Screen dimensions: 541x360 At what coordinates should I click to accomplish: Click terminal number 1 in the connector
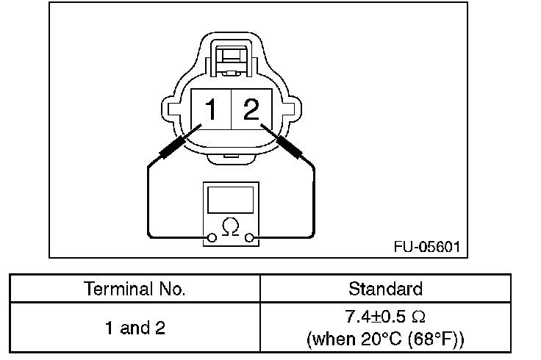[x=210, y=109]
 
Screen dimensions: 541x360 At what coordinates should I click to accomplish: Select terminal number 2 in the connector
[x=251, y=109]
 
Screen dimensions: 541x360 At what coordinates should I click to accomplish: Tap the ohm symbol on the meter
[x=231, y=226]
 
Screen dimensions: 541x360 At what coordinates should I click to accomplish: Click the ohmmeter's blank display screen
[x=231, y=200]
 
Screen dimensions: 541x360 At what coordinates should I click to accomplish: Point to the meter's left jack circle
[x=212, y=237]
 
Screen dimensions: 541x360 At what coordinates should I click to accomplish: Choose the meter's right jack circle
[x=249, y=237]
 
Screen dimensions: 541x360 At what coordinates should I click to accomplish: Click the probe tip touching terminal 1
[x=201, y=125]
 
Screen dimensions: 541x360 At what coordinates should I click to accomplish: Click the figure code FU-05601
[x=427, y=247]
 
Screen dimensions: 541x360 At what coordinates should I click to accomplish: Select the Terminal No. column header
[x=135, y=289]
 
